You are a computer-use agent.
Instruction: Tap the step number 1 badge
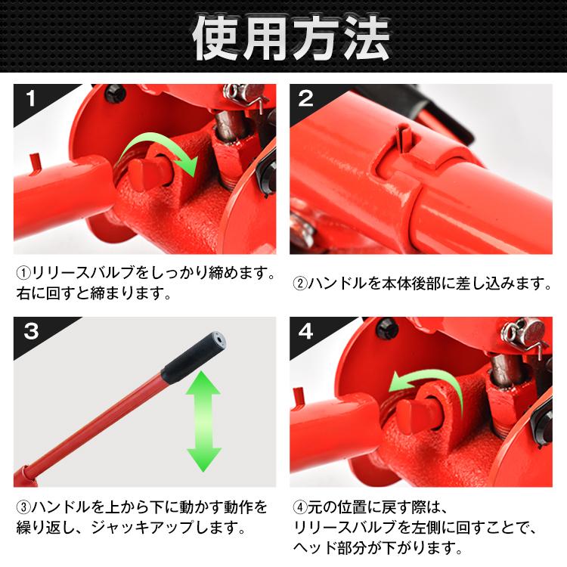[x=31, y=98]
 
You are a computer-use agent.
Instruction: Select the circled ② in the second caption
[x=299, y=284]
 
